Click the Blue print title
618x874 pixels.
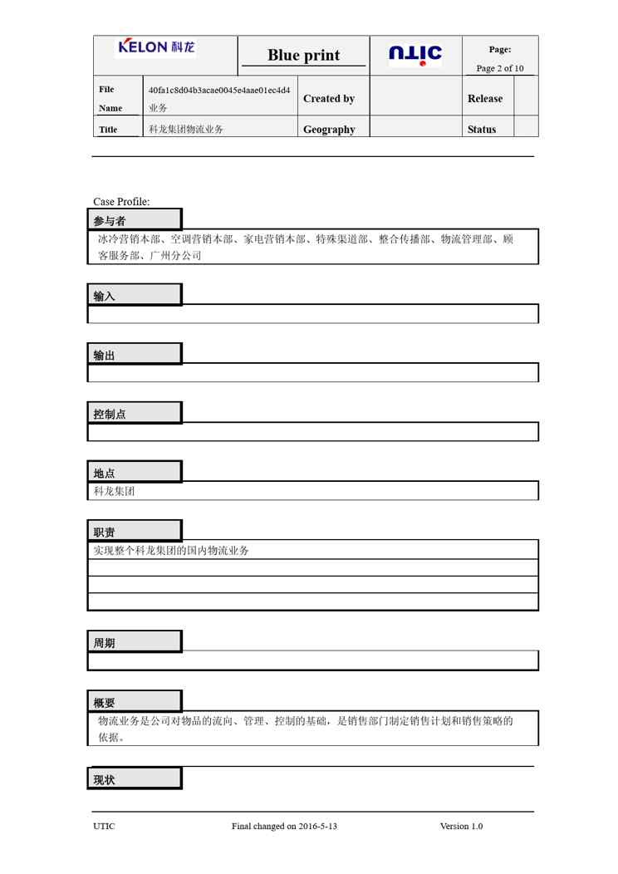coord(303,56)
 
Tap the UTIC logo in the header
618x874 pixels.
coord(415,55)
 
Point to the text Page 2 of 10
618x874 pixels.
coord(500,68)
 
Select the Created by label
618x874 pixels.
coord(329,99)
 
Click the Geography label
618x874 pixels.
coord(329,130)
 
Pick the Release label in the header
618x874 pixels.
coord(485,99)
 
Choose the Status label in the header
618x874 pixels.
coord(482,130)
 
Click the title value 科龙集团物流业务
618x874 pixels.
coord(186,130)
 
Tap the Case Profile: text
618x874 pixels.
coord(121,202)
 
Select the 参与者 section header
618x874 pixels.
coord(110,221)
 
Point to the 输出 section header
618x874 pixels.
coord(105,356)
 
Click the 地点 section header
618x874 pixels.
coord(105,474)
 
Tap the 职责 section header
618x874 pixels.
coord(105,533)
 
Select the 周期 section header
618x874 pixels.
coord(105,643)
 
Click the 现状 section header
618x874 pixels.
coord(105,780)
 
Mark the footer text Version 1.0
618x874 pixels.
coord(461,827)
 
